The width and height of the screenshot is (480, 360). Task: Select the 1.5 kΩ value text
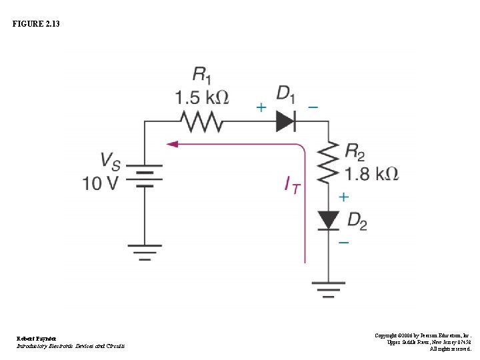(201, 98)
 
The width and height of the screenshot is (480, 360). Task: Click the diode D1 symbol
(285, 121)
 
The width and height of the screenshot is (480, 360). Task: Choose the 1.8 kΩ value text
(371, 175)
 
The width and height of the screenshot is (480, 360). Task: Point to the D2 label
(357, 221)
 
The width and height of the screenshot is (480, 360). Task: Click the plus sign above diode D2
(343, 197)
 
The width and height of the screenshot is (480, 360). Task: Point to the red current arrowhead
(173, 143)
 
